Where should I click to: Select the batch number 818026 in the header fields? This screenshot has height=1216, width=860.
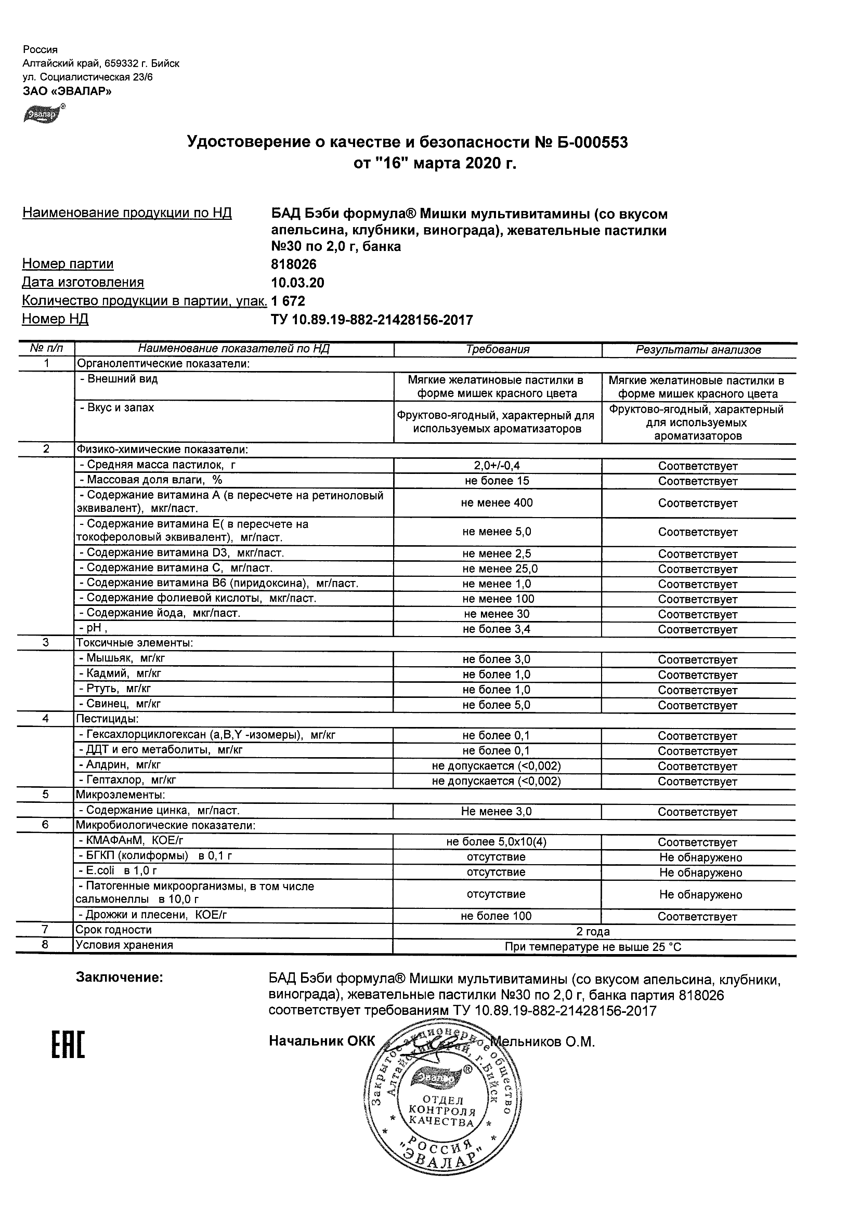pos(294,264)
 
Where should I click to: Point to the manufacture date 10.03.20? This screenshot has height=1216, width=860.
pos(297,282)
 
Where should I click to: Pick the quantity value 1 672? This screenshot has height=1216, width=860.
pos(288,301)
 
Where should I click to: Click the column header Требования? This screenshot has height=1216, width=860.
pos(498,350)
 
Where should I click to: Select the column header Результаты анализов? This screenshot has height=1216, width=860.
pos(698,350)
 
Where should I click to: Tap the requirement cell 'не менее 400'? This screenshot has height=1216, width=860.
pos(497,503)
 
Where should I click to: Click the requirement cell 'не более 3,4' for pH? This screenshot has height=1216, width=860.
pos(497,629)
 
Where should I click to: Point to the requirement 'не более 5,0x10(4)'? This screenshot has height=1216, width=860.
pos(497,842)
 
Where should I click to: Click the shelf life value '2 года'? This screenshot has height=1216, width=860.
pos(593,932)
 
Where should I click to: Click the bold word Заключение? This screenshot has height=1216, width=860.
pos(119,977)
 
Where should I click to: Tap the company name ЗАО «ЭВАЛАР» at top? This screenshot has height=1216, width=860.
pos(67,91)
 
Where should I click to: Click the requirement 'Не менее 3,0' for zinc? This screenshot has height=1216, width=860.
pos(497,811)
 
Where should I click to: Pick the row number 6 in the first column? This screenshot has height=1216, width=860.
pos(46,825)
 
